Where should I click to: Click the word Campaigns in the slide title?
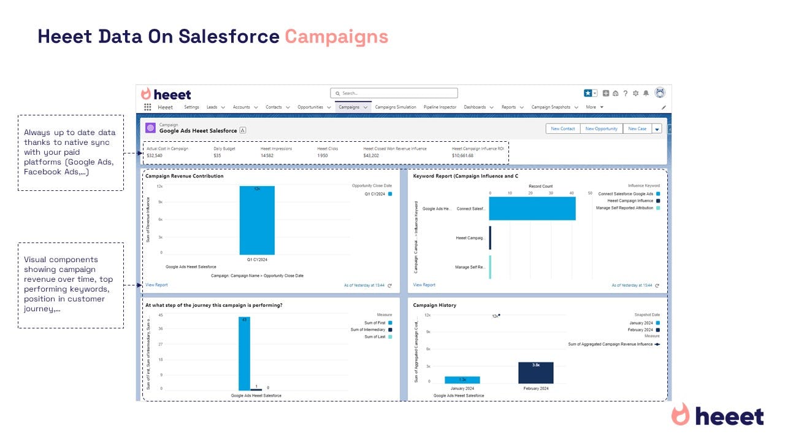[336, 37]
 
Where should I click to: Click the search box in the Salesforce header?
[394, 93]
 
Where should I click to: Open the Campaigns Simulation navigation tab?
[395, 107]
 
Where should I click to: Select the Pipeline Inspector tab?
[440, 107]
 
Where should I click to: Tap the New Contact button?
[563, 129]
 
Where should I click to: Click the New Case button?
[637, 129]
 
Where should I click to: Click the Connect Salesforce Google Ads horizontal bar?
[532, 209]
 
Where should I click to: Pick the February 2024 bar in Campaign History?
[535, 373]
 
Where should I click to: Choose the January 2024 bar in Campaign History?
[462, 380]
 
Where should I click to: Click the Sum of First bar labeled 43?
[244, 353]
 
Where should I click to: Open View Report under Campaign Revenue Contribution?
[156, 285]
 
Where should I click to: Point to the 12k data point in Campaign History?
[499, 316]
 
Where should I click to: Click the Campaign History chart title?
[434, 305]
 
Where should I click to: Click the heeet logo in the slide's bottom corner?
[718, 416]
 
